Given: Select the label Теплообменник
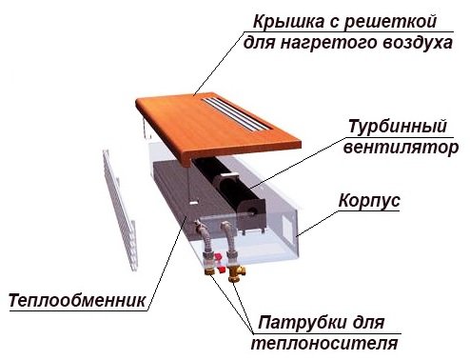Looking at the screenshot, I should pyautogui.click(x=77, y=302).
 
